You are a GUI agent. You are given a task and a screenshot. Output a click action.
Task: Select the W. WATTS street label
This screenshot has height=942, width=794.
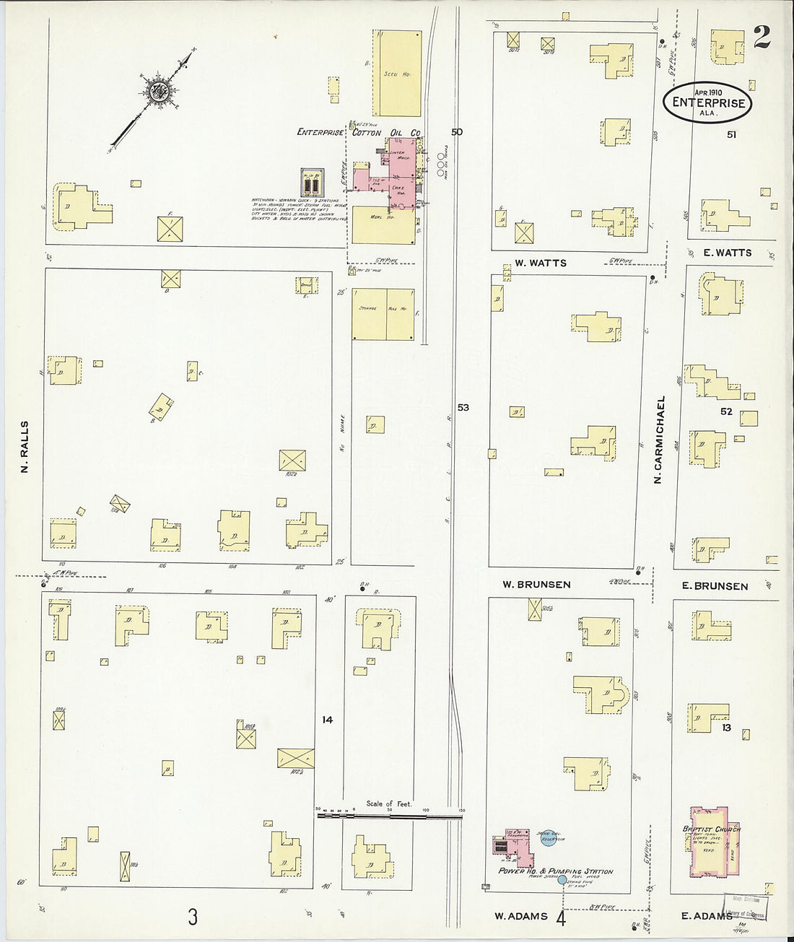point(541,263)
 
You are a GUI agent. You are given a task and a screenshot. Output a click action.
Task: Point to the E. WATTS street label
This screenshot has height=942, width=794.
point(727,253)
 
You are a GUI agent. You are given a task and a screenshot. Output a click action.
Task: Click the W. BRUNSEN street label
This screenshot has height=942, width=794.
point(538,585)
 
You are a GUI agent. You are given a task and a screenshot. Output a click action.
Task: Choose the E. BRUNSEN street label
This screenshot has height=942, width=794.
point(715,586)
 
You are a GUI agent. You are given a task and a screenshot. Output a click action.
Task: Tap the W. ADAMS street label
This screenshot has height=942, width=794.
point(520,916)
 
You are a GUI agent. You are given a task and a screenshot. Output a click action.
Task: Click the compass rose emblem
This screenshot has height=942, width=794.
point(157,90)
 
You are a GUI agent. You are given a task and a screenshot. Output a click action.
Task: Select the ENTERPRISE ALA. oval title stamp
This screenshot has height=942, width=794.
point(707,103)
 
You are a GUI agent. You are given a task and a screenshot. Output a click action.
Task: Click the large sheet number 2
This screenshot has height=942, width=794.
point(761,36)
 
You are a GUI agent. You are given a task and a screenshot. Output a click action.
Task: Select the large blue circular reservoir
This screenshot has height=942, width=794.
point(551,838)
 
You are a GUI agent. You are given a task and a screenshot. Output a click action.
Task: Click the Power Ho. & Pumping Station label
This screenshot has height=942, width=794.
point(555,871)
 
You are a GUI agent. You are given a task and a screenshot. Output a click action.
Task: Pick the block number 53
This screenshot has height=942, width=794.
point(463,408)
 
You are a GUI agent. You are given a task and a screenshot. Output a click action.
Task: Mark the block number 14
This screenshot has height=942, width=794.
point(328,720)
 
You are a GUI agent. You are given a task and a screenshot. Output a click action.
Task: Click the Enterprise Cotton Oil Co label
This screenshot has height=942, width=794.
point(359,133)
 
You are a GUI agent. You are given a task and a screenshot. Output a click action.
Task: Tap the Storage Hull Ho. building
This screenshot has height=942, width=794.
point(383,314)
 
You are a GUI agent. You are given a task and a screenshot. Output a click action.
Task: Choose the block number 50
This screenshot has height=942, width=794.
point(456,132)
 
